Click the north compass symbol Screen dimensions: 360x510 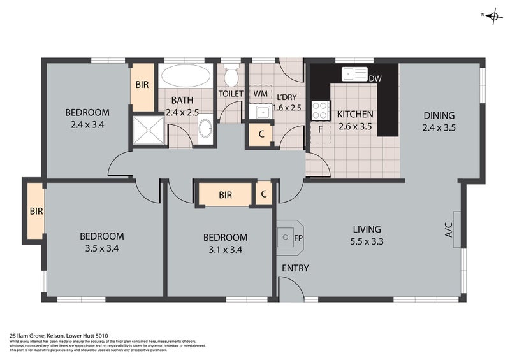(x=492, y=17)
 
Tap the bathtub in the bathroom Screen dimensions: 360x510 (x=185, y=76)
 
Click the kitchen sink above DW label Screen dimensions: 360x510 (x=354, y=74)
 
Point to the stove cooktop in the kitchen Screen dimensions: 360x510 (x=319, y=111)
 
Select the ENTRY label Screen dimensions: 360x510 (x=295, y=268)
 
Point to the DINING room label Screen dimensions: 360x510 (x=439, y=115)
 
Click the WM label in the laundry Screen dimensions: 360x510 (x=261, y=94)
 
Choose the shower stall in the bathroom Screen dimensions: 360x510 (x=149, y=130)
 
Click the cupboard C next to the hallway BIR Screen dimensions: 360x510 (x=264, y=194)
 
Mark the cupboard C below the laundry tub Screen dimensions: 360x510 (x=260, y=134)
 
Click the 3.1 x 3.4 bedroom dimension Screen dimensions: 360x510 (x=225, y=250)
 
